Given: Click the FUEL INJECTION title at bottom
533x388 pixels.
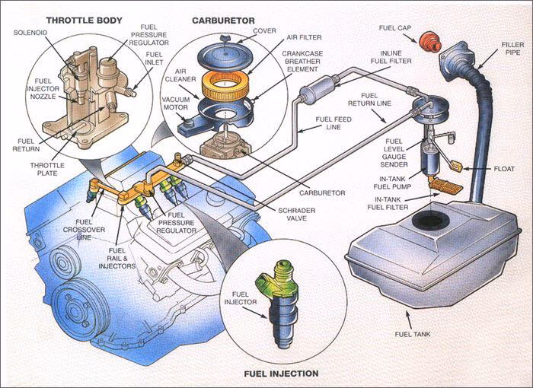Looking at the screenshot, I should click(281, 374).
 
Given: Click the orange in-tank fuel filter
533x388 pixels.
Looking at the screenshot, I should click(445, 183).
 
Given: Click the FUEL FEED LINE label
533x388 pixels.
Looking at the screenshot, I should click(337, 123).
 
